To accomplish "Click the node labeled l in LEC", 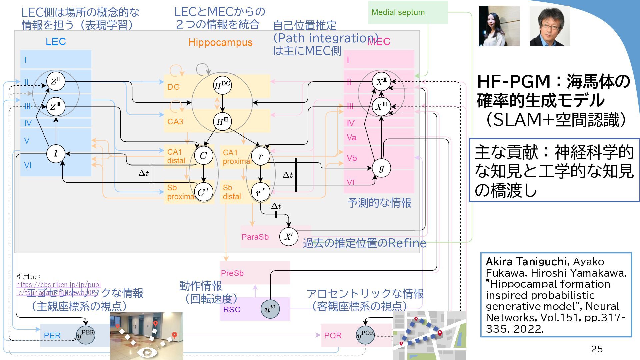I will click(x=56, y=154).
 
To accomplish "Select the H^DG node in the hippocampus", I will click(x=222, y=85).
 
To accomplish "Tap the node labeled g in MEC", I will click(x=381, y=168).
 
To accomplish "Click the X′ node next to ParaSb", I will click(x=288, y=237).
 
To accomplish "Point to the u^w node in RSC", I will click(x=270, y=309).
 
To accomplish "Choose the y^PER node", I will click(x=86, y=335).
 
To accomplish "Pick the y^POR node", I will click(x=365, y=335).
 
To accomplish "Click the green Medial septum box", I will click(x=407, y=13).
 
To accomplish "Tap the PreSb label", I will click(x=232, y=273).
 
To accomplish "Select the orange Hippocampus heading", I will click(x=220, y=43).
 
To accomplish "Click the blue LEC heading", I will click(x=56, y=42).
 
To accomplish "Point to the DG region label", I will click(x=173, y=87).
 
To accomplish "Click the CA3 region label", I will click(x=175, y=122).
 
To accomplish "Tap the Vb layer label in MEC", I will click(x=352, y=158).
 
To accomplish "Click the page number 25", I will click(x=597, y=349).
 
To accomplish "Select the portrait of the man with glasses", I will click(x=550, y=26).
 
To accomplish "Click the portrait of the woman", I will click(x=499, y=26).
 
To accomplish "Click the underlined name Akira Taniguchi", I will click(x=526, y=262).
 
